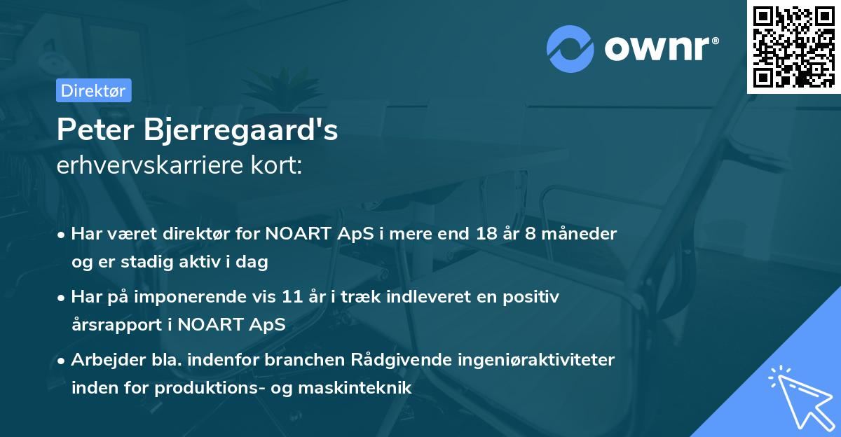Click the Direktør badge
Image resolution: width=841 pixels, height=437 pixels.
click(93, 90)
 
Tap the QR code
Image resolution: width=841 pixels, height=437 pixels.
click(793, 46)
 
